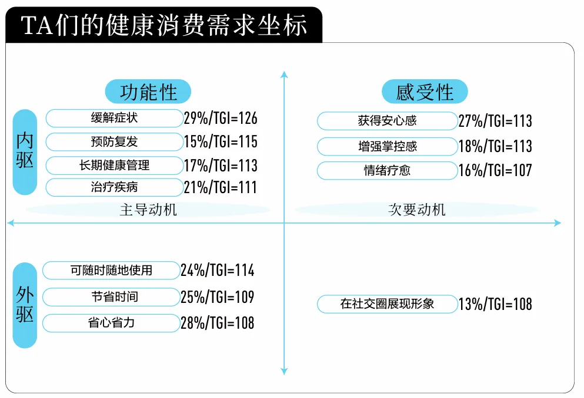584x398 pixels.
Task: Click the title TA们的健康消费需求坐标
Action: coord(164,25)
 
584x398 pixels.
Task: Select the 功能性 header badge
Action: coord(148,92)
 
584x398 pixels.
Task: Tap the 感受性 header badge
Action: coord(425,92)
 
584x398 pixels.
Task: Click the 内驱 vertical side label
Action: coord(25,151)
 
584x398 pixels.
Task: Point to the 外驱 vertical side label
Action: coord(25,305)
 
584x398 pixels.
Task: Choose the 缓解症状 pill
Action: coord(114,118)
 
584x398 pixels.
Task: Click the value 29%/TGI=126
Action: coord(221,118)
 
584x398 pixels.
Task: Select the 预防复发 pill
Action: coord(114,141)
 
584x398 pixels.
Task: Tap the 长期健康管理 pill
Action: coord(114,165)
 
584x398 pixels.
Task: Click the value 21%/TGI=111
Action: coord(221,187)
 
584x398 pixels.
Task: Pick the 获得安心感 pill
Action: coord(388,121)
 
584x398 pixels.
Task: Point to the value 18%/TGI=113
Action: coord(495,146)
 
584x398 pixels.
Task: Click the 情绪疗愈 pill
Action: coord(388,171)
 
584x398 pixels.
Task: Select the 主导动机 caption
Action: coord(148,210)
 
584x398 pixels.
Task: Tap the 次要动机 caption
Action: coord(417,210)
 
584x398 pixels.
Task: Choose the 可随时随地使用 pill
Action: coord(111,270)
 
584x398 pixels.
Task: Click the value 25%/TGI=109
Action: coord(218,297)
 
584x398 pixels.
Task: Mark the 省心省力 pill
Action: coord(111,323)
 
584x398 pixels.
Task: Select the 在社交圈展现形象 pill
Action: coord(388,304)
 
